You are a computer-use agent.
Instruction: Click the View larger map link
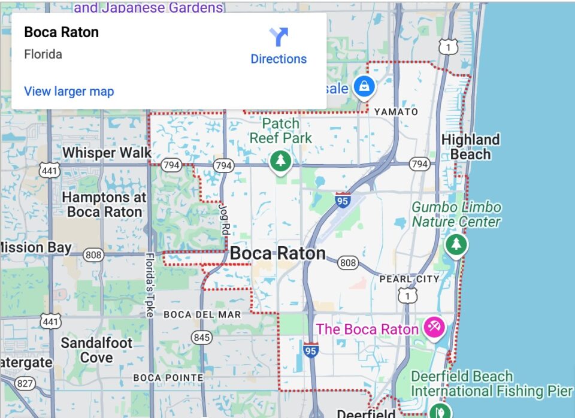coord(69,92)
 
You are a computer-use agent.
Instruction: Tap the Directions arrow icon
coord(279,37)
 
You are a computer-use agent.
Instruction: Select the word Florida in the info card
coord(43,54)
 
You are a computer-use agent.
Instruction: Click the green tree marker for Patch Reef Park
coord(279,160)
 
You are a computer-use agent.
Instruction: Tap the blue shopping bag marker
coord(364,87)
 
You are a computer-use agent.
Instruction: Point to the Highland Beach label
coord(470,147)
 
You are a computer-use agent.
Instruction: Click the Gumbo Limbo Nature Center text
coord(456,214)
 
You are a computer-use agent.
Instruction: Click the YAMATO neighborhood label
coord(396,112)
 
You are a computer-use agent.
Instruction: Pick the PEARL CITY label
coord(410,279)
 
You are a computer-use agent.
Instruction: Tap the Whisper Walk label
coord(107,153)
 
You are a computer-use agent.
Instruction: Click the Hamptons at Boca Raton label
coord(105,204)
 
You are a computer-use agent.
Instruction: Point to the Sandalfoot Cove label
coord(96,350)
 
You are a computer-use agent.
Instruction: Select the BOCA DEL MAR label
coord(202,314)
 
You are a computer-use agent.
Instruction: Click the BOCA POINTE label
coord(168,377)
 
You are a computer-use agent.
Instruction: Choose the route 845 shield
coord(202,338)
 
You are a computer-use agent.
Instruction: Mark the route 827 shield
coord(25,383)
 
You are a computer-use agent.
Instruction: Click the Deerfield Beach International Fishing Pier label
coord(491,384)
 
